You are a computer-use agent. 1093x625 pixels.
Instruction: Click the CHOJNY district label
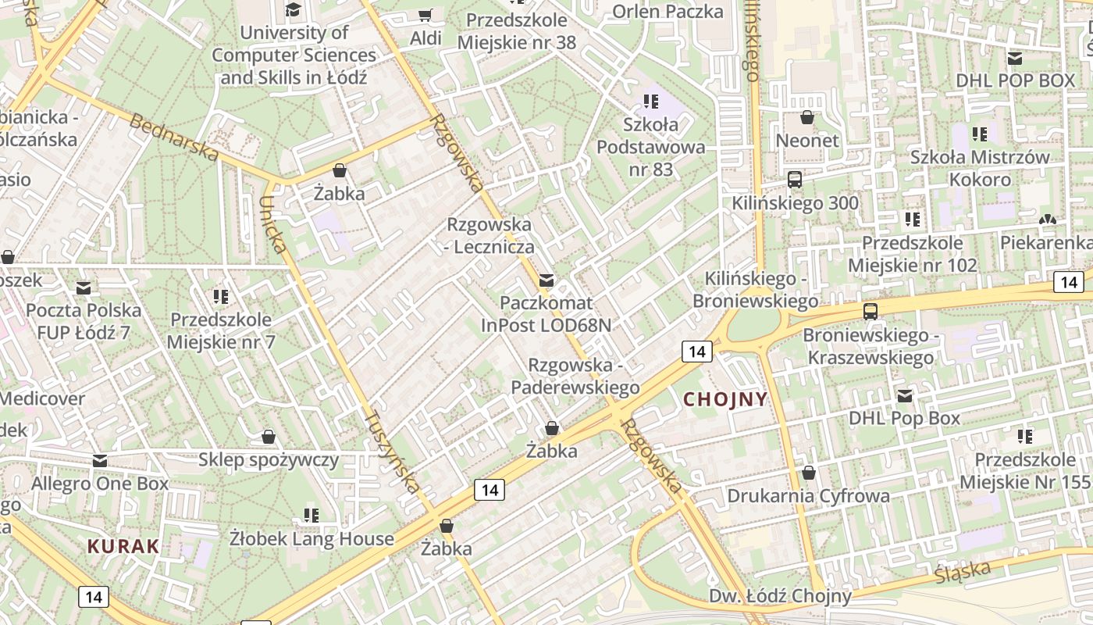[x=725, y=399]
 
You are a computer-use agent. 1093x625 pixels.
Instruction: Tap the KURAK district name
[x=123, y=546]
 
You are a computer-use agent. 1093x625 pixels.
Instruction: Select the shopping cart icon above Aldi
[x=425, y=16]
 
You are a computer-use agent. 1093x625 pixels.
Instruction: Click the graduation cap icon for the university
[x=294, y=9]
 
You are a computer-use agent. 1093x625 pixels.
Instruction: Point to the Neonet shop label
[x=807, y=141]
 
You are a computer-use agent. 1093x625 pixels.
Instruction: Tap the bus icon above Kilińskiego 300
[x=795, y=180]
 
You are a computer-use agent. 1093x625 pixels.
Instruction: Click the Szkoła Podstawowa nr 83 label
[x=651, y=147]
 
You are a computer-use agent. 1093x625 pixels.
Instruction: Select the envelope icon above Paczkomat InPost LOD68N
[x=546, y=280]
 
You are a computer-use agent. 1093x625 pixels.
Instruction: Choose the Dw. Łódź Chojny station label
[x=780, y=596]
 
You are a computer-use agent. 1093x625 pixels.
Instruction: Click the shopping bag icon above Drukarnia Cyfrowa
[x=809, y=473]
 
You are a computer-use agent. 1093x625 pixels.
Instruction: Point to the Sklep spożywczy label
[x=269, y=459]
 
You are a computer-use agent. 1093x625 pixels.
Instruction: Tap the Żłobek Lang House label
[x=312, y=538]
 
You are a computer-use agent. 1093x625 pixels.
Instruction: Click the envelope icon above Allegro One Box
[x=100, y=461]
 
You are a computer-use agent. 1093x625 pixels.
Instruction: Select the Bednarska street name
[x=174, y=137]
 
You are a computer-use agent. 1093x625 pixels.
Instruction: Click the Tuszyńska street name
[x=393, y=452]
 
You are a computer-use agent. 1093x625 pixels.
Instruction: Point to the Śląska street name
[x=963, y=571]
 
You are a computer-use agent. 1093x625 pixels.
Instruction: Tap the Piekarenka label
[x=1046, y=242]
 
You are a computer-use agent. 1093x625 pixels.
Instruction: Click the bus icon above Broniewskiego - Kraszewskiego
[x=870, y=312]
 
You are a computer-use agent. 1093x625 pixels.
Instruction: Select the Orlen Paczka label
[x=668, y=11]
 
